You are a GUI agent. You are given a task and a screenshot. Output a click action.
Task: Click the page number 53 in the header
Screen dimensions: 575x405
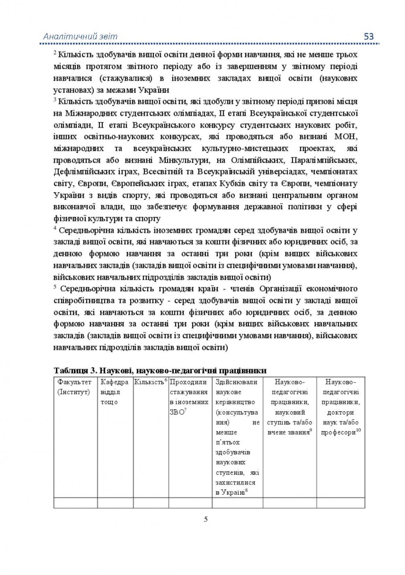point(369,36)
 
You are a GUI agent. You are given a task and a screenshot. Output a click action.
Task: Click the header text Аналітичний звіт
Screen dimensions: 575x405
point(80,36)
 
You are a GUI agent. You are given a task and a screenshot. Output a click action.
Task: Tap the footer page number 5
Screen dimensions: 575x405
point(206,519)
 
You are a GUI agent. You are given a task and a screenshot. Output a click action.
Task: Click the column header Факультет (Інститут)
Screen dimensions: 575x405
point(75,387)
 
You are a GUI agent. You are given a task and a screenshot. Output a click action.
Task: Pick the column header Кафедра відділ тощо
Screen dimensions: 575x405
point(115,392)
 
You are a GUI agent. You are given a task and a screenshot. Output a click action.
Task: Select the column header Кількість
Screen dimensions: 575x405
point(149,382)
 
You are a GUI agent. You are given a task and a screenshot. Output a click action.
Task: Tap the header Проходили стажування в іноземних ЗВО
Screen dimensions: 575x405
point(189,397)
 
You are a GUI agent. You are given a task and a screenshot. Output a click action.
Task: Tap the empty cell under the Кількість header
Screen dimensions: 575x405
point(151,503)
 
